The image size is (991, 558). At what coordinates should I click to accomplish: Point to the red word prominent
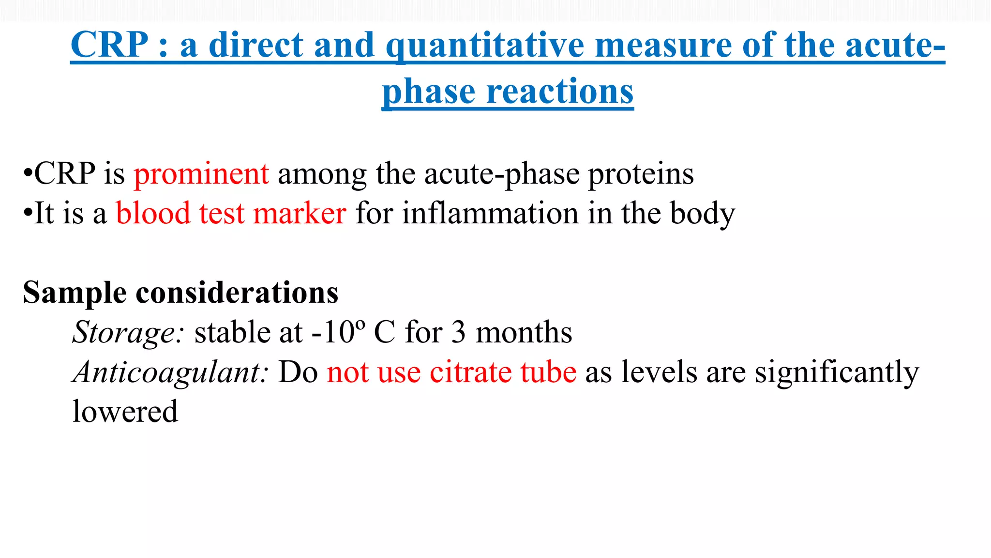(201, 174)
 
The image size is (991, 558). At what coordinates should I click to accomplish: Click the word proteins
(641, 174)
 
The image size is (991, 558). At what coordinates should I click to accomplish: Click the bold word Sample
(75, 293)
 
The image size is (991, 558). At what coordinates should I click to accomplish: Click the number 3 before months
(458, 333)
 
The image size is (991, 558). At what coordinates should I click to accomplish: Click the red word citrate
(470, 372)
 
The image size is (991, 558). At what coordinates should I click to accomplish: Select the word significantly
(837, 372)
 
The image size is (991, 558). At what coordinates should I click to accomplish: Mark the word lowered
(125, 412)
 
